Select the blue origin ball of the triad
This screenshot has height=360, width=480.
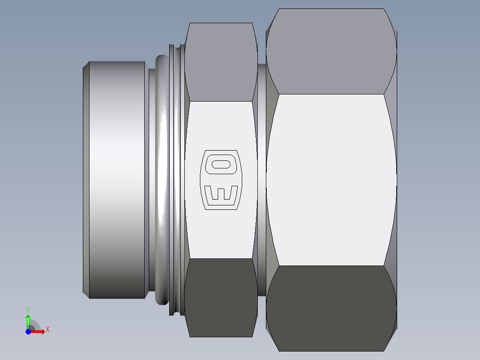coord(28,331)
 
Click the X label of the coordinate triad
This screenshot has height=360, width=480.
coord(47,330)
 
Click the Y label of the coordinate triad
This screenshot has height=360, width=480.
coord(28,309)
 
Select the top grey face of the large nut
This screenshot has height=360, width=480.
coord(332,51)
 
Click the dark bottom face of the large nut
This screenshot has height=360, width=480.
coord(332,307)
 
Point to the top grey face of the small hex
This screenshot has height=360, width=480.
coord(220,62)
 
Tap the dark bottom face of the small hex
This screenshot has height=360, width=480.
coord(220,296)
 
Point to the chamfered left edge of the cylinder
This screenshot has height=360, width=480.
coord(86,178)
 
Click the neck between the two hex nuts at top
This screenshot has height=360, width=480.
coord(262,80)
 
